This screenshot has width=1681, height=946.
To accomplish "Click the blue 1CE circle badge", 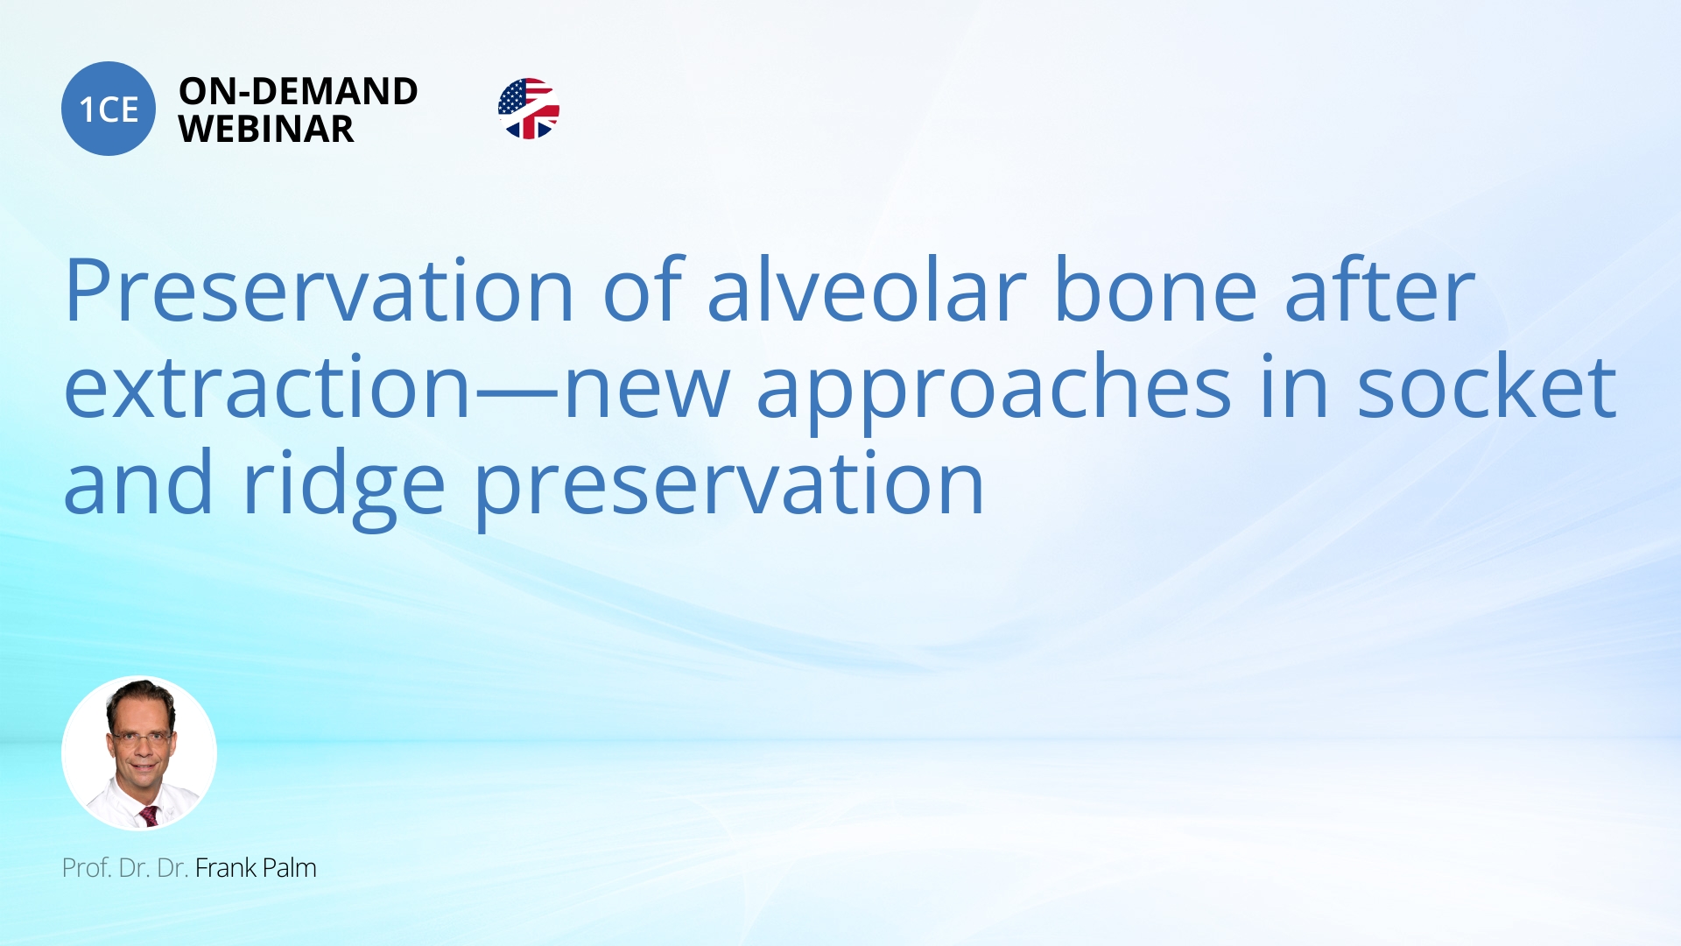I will coord(109,109).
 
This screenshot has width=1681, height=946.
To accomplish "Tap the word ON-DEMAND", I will coord(298,91).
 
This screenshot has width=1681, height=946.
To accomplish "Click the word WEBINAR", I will coord(266,130).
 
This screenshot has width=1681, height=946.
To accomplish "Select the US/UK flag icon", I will coord(528,109).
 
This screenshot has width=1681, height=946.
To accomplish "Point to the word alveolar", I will coord(866,291).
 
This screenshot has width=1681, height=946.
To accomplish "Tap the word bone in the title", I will coord(1155,291).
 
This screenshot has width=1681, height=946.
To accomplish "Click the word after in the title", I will coord(1380,291).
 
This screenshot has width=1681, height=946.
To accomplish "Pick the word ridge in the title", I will coord(343,485).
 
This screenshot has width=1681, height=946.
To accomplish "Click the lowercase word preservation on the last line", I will coord(729,485).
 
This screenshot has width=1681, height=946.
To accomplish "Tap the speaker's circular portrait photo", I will coord(139,752).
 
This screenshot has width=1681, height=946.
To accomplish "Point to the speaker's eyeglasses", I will coord(140,738).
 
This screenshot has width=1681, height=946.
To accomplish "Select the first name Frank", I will coord(226,868).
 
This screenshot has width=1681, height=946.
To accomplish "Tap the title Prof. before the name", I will coord(87,868).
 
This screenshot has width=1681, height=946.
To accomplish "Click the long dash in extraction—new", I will coord(517,392).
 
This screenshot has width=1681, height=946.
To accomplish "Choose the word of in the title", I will coord(642,291).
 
